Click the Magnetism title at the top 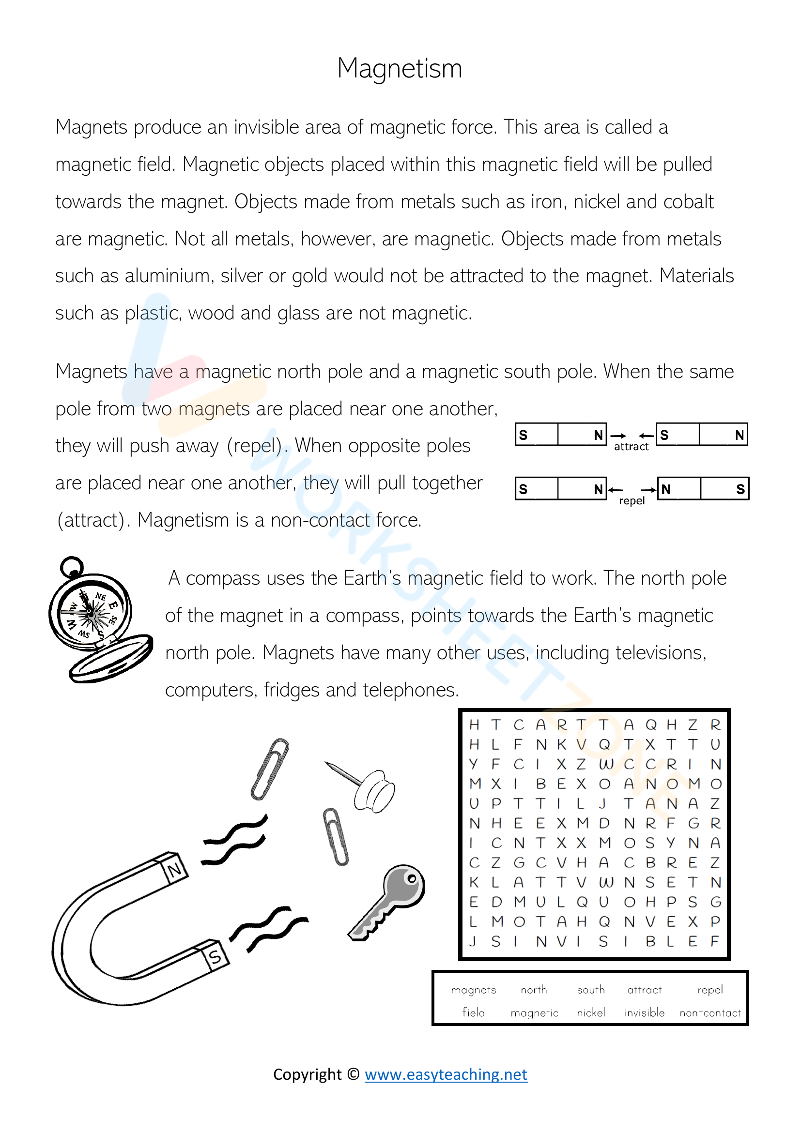(400, 68)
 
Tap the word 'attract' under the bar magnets (631, 447)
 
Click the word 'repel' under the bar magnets (632, 501)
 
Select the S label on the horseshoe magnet (215, 957)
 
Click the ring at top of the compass (72, 567)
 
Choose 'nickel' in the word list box (590, 1012)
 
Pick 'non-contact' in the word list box (710, 1013)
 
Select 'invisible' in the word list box (644, 1012)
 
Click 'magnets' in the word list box (474, 990)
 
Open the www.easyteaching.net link (446, 1074)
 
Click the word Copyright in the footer (308, 1074)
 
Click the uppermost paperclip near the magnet (270, 769)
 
